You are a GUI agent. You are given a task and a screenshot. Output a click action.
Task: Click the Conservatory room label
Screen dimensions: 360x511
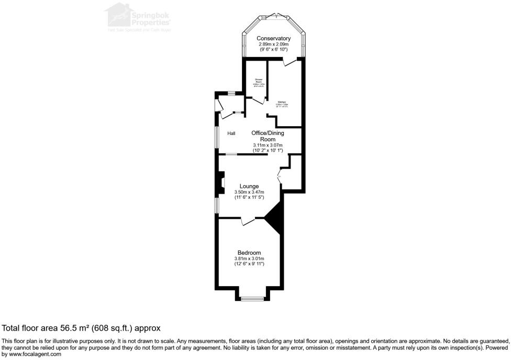pyautogui.click(x=273, y=38)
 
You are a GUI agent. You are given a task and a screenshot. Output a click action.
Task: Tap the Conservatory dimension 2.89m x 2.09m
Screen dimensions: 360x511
pyautogui.click(x=273, y=44)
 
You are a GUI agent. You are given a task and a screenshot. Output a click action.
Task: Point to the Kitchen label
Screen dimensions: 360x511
pyautogui.click(x=282, y=102)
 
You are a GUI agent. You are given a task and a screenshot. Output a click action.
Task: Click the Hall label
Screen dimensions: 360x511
pyautogui.click(x=231, y=133)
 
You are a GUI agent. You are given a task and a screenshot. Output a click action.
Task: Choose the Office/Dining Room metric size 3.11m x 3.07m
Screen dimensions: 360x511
pyautogui.click(x=268, y=145)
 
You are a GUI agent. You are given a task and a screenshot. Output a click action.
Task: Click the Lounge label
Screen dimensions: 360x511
pyautogui.click(x=249, y=186)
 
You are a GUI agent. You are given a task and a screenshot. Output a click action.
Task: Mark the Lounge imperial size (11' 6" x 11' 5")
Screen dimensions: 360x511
pyautogui.click(x=249, y=197)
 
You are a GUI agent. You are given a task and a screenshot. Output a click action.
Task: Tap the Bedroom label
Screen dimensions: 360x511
pyautogui.click(x=249, y=253)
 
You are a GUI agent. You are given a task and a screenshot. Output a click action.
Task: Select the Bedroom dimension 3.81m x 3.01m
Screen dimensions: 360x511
pyautogui.click(x=249, y=258)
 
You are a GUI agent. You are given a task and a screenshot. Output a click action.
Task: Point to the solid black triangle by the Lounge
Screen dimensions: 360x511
pyautogui.click(x=276, y=218)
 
